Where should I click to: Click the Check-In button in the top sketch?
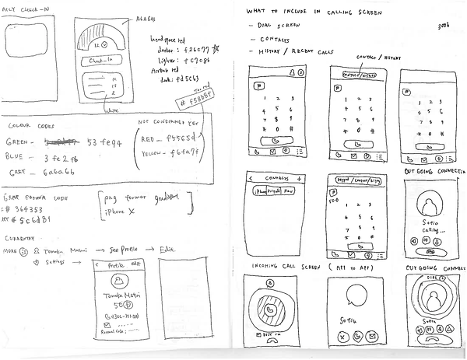(x=104, y=60)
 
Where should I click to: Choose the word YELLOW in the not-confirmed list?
(x=154, y=154)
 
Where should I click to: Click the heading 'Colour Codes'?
(x=30, y=125)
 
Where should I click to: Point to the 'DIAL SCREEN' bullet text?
(x=279, y=25)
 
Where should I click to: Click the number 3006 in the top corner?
(x=445, y=26)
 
